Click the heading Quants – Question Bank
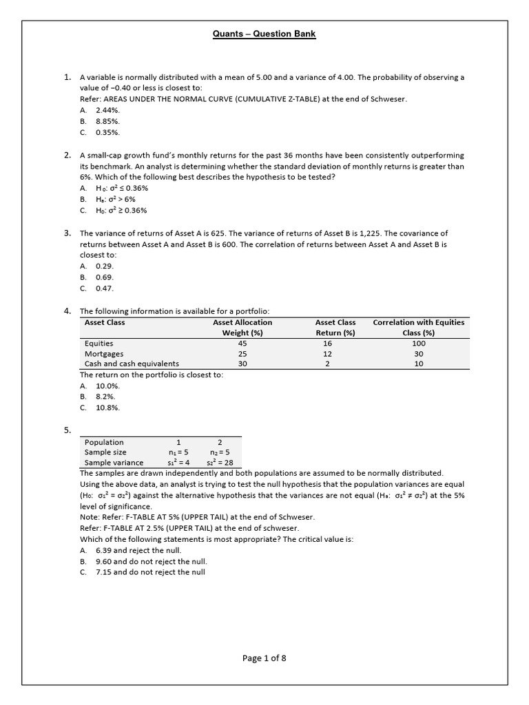point(264,34)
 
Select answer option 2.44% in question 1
point(108,110)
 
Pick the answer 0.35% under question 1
point(108,132)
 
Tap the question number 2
point(68,155)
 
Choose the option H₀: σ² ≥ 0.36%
point(122,211)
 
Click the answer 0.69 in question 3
point(105,277)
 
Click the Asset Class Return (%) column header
point(335,327)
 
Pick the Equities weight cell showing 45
point(242,343)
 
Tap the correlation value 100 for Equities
point(418,343)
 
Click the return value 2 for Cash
point(335,364)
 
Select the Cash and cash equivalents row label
point(132,364)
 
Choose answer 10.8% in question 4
point(108,408)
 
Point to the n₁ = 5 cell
point(178,452)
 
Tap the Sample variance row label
point(114,463)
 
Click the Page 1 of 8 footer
point(264,658)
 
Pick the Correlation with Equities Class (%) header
point(418,327)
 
